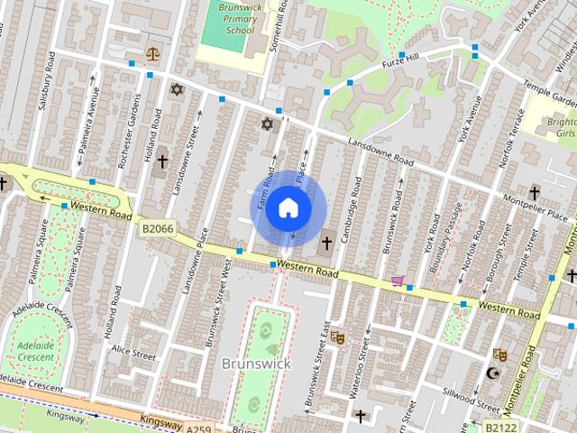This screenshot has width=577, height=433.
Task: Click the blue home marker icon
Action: [287, 207]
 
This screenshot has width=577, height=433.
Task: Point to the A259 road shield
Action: [201, 425]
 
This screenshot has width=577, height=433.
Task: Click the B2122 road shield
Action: [502, 425]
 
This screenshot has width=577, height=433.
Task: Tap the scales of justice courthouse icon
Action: [151, 52]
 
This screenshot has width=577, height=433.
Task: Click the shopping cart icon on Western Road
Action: [398, 281]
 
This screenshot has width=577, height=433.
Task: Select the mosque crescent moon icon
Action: [492, 373]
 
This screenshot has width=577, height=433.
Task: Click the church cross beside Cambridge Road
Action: [326, 242]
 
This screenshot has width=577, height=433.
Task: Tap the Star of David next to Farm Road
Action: [266, 124]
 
